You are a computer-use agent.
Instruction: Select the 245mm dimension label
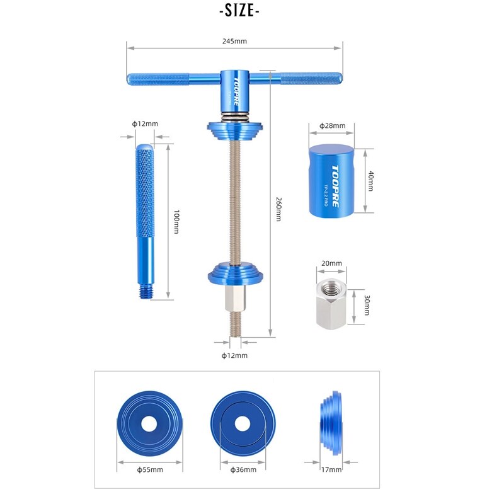point(234,41)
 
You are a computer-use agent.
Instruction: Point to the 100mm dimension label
point(177,221)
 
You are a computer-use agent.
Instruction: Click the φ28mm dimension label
point(333,126)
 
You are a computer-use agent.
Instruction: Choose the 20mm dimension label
point(331,263)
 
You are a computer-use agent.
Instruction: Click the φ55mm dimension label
point(149,469)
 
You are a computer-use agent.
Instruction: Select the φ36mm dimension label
point(243,469)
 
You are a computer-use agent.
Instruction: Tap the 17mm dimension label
point(331,469)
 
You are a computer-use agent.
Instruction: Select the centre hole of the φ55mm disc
point(149,425)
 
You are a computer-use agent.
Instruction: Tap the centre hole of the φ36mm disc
point(243,425)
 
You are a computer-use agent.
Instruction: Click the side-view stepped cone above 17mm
point(331,423)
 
